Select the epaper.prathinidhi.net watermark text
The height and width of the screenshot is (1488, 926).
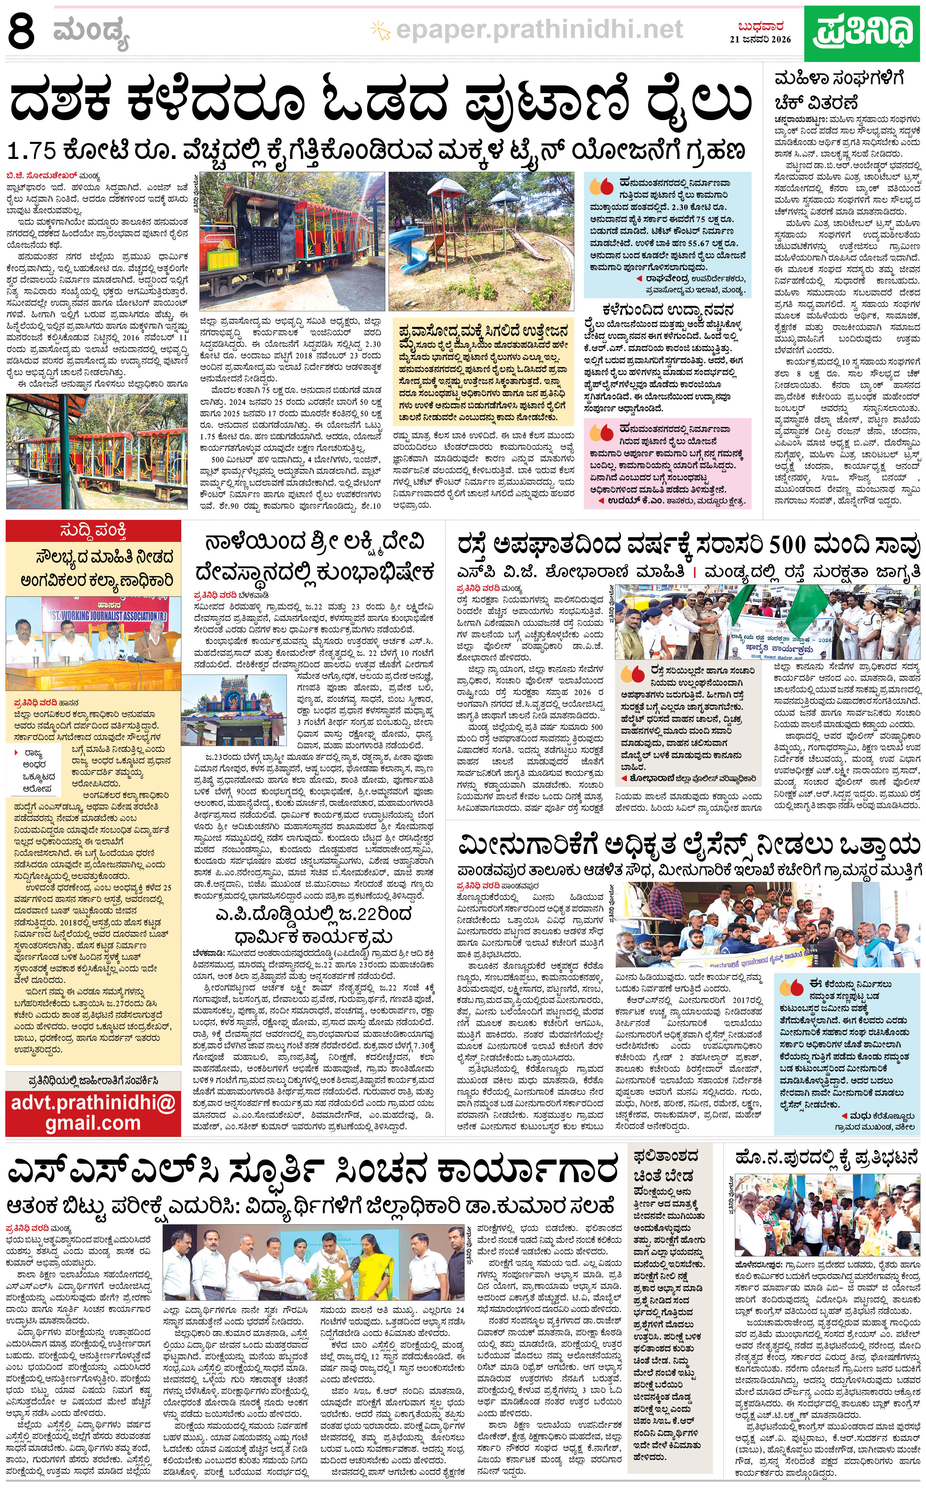[x=539, y=29]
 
